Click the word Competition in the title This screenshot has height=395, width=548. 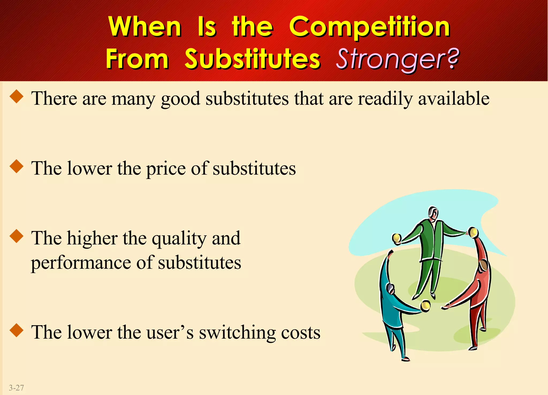(370, 27)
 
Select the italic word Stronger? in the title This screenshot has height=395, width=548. (397, 59)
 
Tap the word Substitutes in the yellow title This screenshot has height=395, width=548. (252, 59)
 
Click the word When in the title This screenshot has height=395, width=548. (145, 27)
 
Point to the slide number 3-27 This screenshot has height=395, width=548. (16, 388)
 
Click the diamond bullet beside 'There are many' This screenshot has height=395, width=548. (17, 96)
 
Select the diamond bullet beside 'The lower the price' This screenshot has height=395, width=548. (17, 166)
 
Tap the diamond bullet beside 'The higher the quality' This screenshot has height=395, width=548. (17, 236)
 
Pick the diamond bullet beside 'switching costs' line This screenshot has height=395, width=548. (17, 330)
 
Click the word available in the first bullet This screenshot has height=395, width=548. (454, 99)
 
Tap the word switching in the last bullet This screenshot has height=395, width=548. (237, 333)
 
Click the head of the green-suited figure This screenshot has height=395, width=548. (433, 214)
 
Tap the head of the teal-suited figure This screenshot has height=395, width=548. (390, 288)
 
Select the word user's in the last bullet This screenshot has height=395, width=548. (170, 333)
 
